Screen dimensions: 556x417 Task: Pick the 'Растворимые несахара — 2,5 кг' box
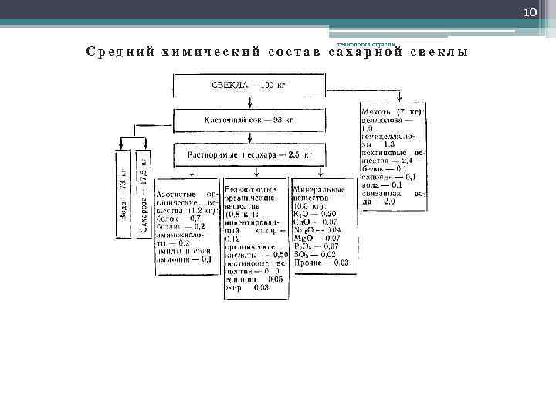click(x=249, y=154)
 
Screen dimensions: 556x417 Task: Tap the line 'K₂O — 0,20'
click(x=315, y=213)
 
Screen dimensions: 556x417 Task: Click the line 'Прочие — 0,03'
click(x=321, y=263)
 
